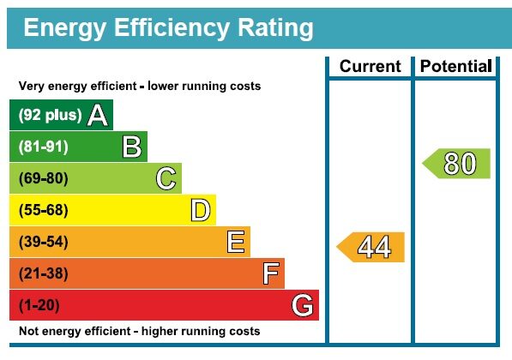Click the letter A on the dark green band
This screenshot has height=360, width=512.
coord(98,115)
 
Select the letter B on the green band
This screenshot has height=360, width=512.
coord(132,147)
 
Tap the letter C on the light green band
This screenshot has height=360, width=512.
coord(166,178)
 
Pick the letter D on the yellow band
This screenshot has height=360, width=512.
coord(200,210)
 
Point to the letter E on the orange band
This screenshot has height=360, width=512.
coord(236,242)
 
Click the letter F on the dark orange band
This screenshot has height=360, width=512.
coord(270,273)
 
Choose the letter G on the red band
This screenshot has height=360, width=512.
coord(302,305)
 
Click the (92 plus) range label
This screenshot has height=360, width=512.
coord(50,115)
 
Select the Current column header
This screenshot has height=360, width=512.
coord(370,66)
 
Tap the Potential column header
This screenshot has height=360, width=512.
coord(455,66)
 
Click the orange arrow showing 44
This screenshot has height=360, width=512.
coord(370,247)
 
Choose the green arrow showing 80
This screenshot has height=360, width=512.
coord(456,164)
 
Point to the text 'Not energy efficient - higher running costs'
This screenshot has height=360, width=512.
coord(140,331)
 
